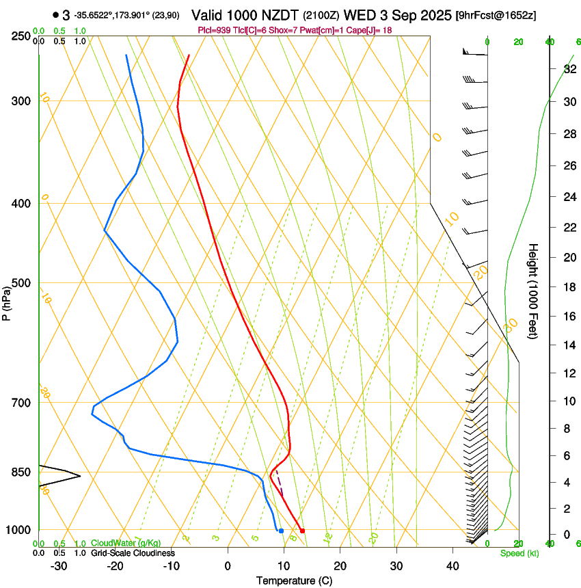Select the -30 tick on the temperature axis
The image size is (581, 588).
(59, 565)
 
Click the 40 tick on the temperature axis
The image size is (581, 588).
(452, 565)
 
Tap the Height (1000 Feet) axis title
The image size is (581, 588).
(533, 291)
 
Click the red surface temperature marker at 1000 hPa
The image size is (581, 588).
(302, 531)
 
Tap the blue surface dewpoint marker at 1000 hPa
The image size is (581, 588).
(281, 531)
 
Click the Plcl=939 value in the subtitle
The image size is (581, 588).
(212, 31)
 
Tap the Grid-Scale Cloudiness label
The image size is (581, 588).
(133, 552)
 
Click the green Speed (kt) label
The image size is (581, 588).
(519, 553)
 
